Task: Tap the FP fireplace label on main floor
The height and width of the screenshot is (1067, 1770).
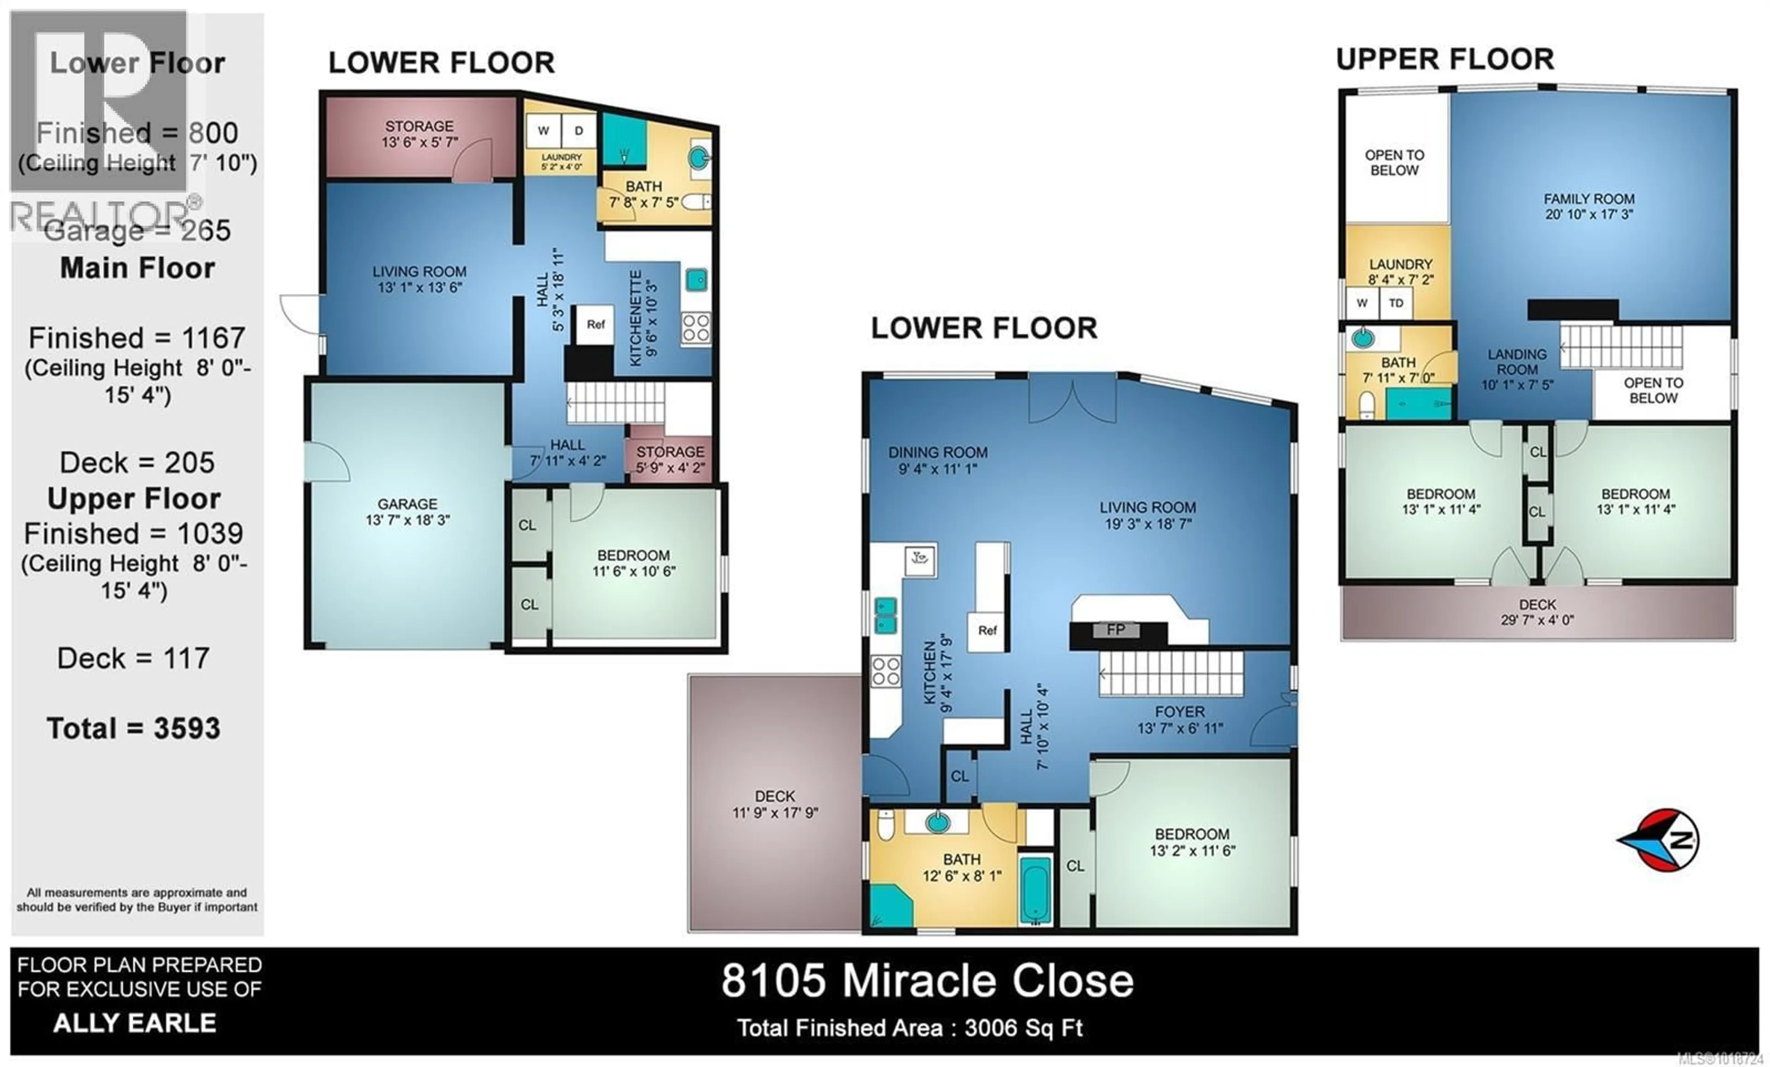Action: tap(1115, 630)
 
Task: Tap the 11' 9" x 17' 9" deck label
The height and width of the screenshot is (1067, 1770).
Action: tap(775, 804)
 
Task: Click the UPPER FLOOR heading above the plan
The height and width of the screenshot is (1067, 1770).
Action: tap(1445, 59)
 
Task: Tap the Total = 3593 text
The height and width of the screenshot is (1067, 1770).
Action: tap(134, 728)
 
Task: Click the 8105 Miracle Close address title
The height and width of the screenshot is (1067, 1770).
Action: tap(926, 981)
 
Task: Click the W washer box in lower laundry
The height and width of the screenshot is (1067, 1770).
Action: tap(544, 131)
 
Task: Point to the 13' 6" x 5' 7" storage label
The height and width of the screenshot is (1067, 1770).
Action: tap(419, 134)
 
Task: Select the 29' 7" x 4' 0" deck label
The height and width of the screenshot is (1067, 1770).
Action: tap(1537, 612)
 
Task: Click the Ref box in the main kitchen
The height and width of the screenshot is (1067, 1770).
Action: tap(987, 630)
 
